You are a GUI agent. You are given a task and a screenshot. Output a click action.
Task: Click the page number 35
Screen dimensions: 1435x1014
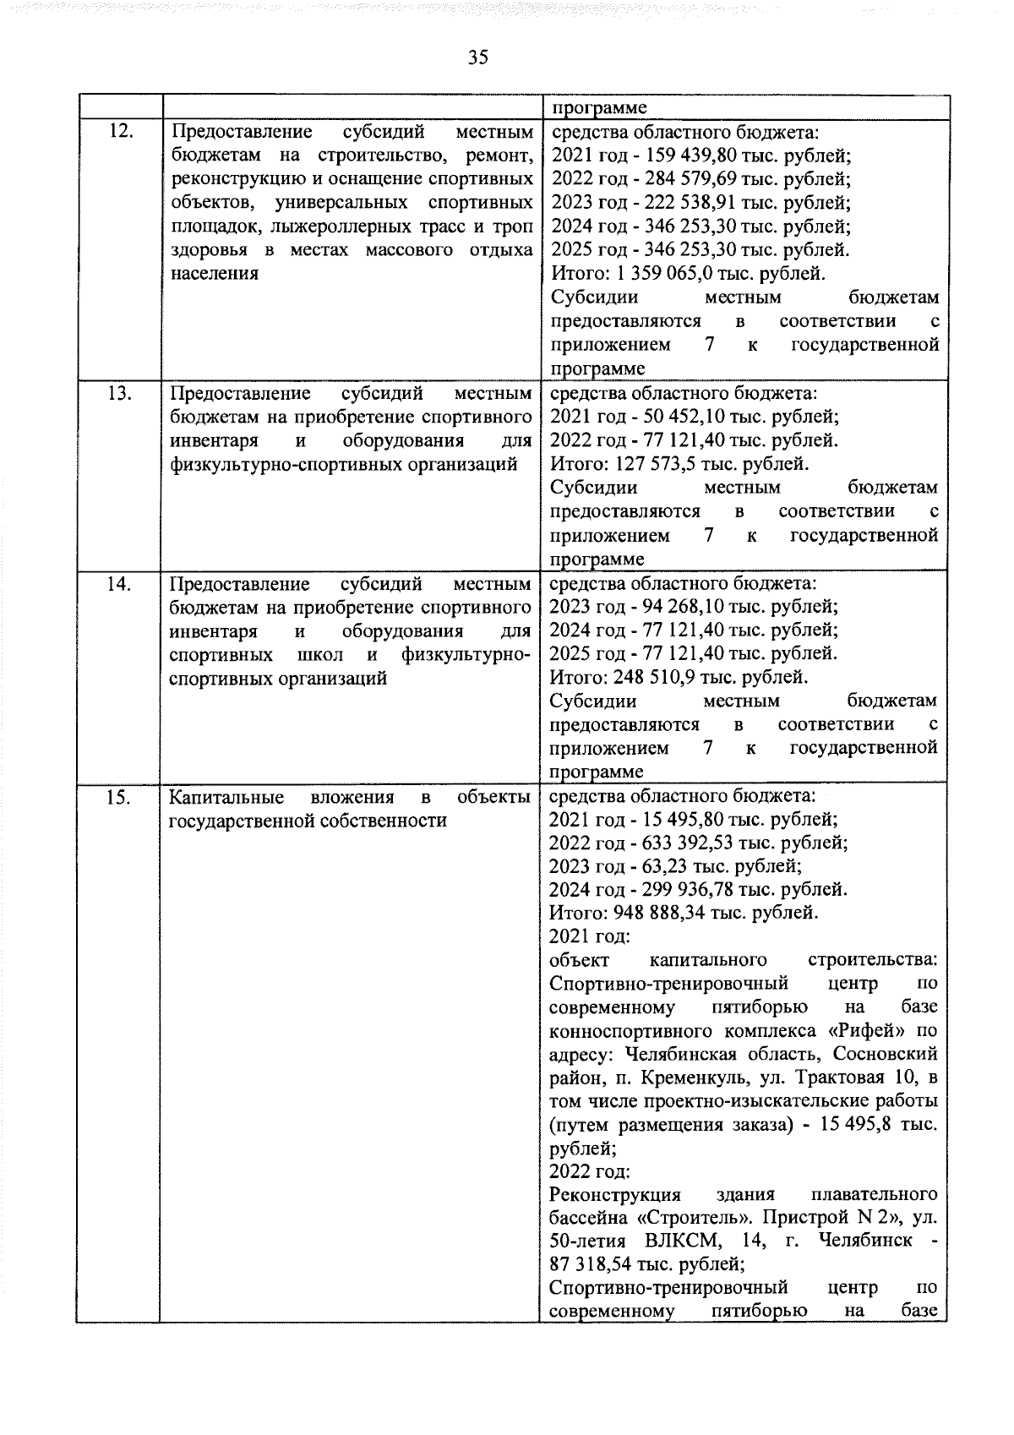[x=477, y=57]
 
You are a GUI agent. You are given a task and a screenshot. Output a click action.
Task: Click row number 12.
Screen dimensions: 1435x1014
[x=122, y=132]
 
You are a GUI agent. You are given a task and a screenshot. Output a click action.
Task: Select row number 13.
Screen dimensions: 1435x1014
[x=121, y=393]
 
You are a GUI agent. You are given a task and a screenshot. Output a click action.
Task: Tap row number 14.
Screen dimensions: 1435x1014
[x=121, y=583]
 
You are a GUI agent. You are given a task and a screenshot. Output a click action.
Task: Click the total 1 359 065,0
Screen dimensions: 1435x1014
[x=674, y=274]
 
